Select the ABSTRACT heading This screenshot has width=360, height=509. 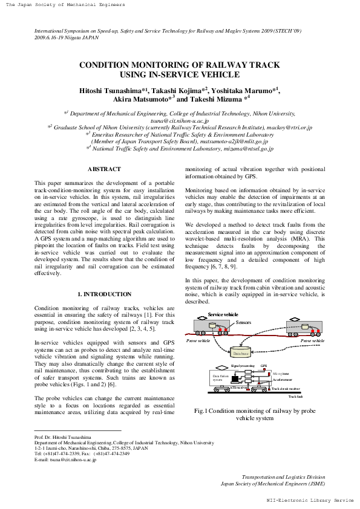click(104, 169)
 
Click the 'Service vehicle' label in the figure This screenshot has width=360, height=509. click(223, 315)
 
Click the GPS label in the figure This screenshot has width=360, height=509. click(264, 366)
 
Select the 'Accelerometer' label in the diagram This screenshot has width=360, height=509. click(282, 379)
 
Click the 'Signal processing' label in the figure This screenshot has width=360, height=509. click(243, 366)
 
